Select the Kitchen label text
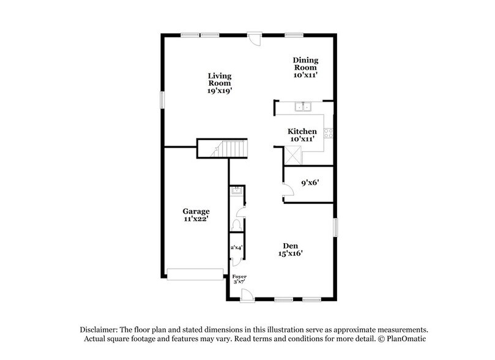[302, 135]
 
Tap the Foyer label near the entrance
[239, 279]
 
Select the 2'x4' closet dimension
[236, 248]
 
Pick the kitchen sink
[304, 108]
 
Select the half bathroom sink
[236, 193]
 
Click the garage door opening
[195, 274]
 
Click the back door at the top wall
[255, 37]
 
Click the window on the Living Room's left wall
[163, 99]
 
